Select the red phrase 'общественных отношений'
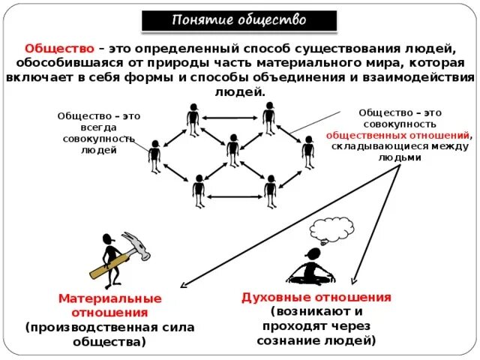[x=398, y=136]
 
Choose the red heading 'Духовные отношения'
[x=316, y=297]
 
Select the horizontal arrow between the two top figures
[x=231, y=116]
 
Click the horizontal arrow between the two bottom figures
[x=234, y=196]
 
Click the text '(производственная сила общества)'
[x=109, y=334]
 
